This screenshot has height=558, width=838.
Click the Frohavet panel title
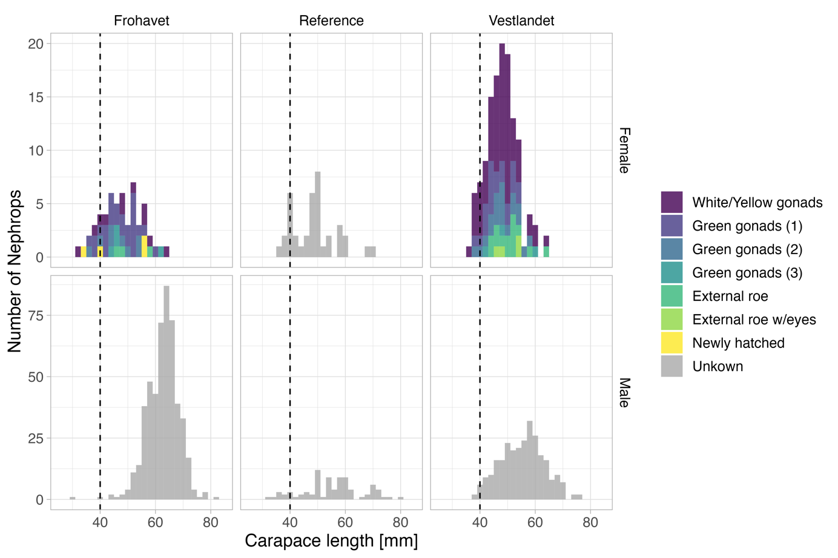pos(141,21)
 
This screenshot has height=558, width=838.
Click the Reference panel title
pos(331,21)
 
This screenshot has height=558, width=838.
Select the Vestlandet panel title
pos(521,21)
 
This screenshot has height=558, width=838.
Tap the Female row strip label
pos(624,150)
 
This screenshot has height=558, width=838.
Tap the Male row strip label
pos(624,392)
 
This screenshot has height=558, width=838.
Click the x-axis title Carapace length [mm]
pos(331,540)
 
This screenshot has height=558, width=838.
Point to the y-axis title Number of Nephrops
pos(15,271)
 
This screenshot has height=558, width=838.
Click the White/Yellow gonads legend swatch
pos(671,202)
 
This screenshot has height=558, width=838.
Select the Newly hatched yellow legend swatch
pos(671,343)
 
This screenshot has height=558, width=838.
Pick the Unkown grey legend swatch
pos(671,366)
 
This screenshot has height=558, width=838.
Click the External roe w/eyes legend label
pos(754,320)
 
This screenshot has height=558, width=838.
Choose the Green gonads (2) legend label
pos(747,249)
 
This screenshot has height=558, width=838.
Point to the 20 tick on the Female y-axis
pos(36,44)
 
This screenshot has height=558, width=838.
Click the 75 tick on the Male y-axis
pos(36,315)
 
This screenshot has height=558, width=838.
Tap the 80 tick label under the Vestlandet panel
pos(590,522)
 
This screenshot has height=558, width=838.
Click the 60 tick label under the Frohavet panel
pos(155,522)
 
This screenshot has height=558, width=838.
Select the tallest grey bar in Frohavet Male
pos(167,393)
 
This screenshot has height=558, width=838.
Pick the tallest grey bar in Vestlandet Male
pos(530,460)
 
